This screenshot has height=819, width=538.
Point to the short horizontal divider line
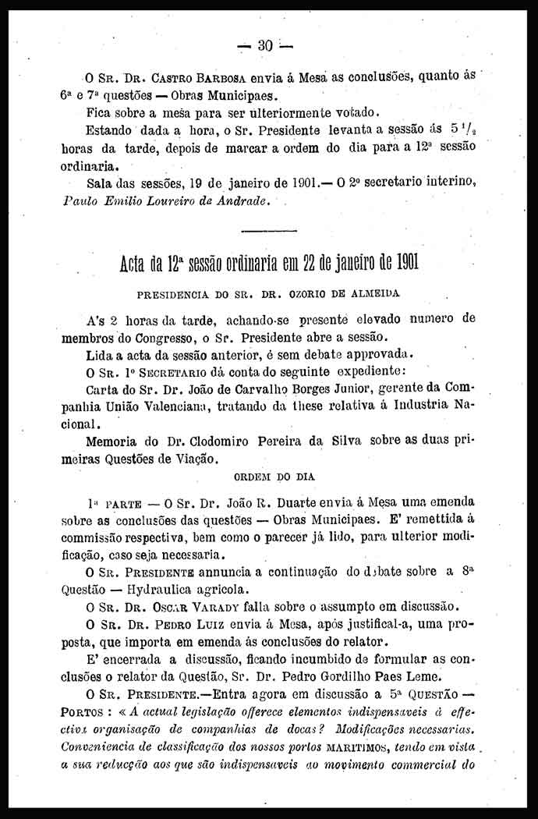click(x=269, y=231)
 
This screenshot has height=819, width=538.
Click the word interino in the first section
click(x=451, y=184)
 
